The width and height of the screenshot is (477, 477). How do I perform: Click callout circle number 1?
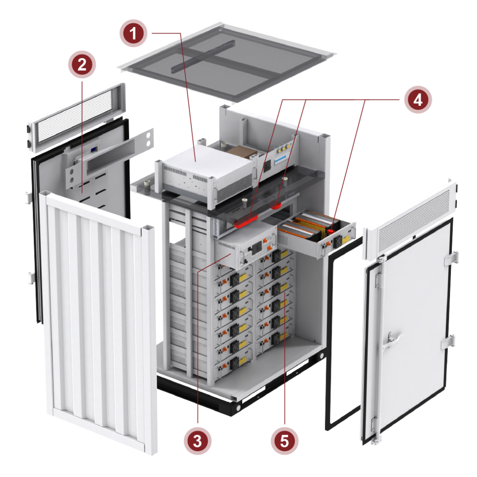coord(134,34)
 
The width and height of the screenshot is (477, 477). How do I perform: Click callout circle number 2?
coord(82,64)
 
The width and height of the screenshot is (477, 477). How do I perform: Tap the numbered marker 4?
coord(417,99)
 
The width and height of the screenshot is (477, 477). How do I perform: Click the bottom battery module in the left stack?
coord(231,363)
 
